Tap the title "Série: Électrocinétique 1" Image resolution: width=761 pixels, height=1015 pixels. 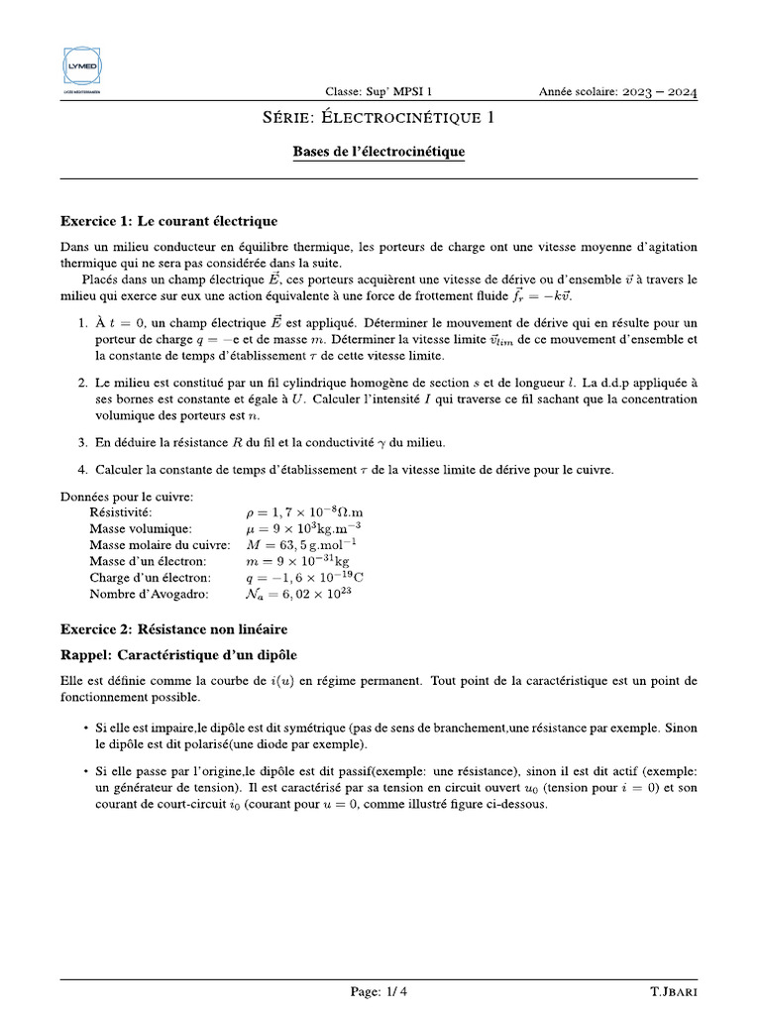click(379, 119)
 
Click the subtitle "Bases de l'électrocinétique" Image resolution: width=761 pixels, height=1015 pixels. click(379, 153)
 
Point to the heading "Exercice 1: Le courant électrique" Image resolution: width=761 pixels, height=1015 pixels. click(169, 221)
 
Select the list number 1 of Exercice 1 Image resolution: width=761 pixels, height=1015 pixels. click(82, 323)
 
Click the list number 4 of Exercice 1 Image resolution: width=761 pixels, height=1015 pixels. click(82, 470)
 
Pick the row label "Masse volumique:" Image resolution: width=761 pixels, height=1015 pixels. click(141, 529)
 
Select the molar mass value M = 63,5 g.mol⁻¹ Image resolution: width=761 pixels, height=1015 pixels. click(300, 545)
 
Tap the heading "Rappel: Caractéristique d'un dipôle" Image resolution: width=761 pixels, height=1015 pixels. click(178, 655)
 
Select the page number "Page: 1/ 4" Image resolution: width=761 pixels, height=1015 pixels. click(379, 991)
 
